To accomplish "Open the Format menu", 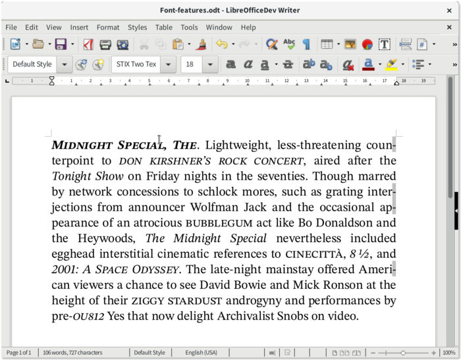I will click(x=108, y=27).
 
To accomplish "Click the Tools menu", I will click(x=189, y=27).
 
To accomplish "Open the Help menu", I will click(x=248, y=27).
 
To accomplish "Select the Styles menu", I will click(x=137, y=27).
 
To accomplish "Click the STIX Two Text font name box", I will click(x=136, y=64).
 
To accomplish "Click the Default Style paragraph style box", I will click(x=32, y=64).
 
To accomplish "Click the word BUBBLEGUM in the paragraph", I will click(x=219, y=223).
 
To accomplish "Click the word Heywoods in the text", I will click(x=105, y=239).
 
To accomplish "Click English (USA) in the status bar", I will click(x=203, y=353).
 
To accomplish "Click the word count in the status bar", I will click(x=72, y=353).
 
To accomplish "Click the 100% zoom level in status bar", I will click(x=449, y=353).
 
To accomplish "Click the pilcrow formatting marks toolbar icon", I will click(x=306, y=45).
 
